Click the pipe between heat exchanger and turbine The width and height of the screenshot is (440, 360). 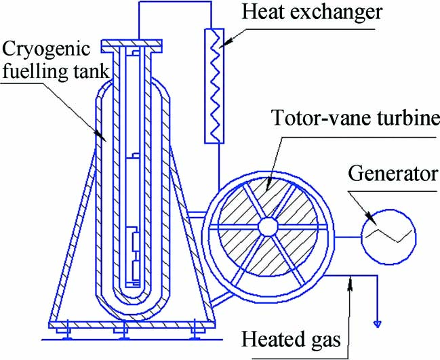[216, 163]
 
